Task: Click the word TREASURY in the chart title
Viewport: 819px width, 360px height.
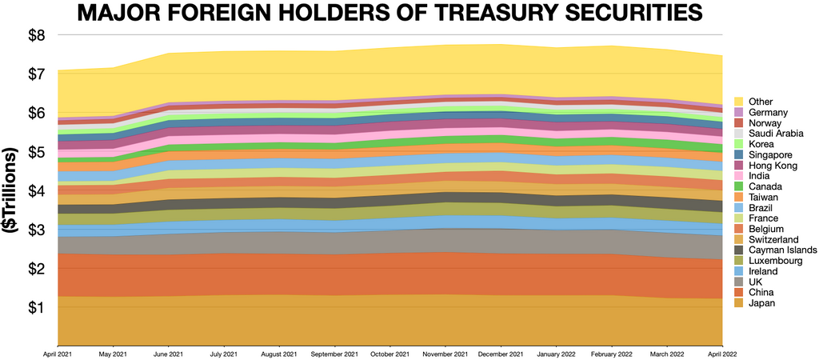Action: [x=480, y=14]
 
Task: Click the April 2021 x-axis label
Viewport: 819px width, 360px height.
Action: [x=58, y=353]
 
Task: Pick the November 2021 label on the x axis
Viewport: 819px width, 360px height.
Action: [x=445, y=353]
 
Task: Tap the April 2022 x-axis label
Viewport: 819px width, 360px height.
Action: [x=722, y=353]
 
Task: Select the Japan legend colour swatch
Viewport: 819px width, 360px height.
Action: [x=739, y=303]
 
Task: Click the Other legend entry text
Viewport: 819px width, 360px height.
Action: [x=760, y=102]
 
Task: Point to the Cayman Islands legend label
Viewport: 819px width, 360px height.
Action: [x=783, y=250]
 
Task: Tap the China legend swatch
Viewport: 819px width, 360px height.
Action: [x=739, y=293]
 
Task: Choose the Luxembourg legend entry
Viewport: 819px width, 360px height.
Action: [x=775, y=261]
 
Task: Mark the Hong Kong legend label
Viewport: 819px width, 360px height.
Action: [x=773, y=166]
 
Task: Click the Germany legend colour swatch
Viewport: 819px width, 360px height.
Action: [x=739, y=112]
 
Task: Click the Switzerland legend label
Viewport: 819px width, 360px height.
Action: [x=773, y=239]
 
